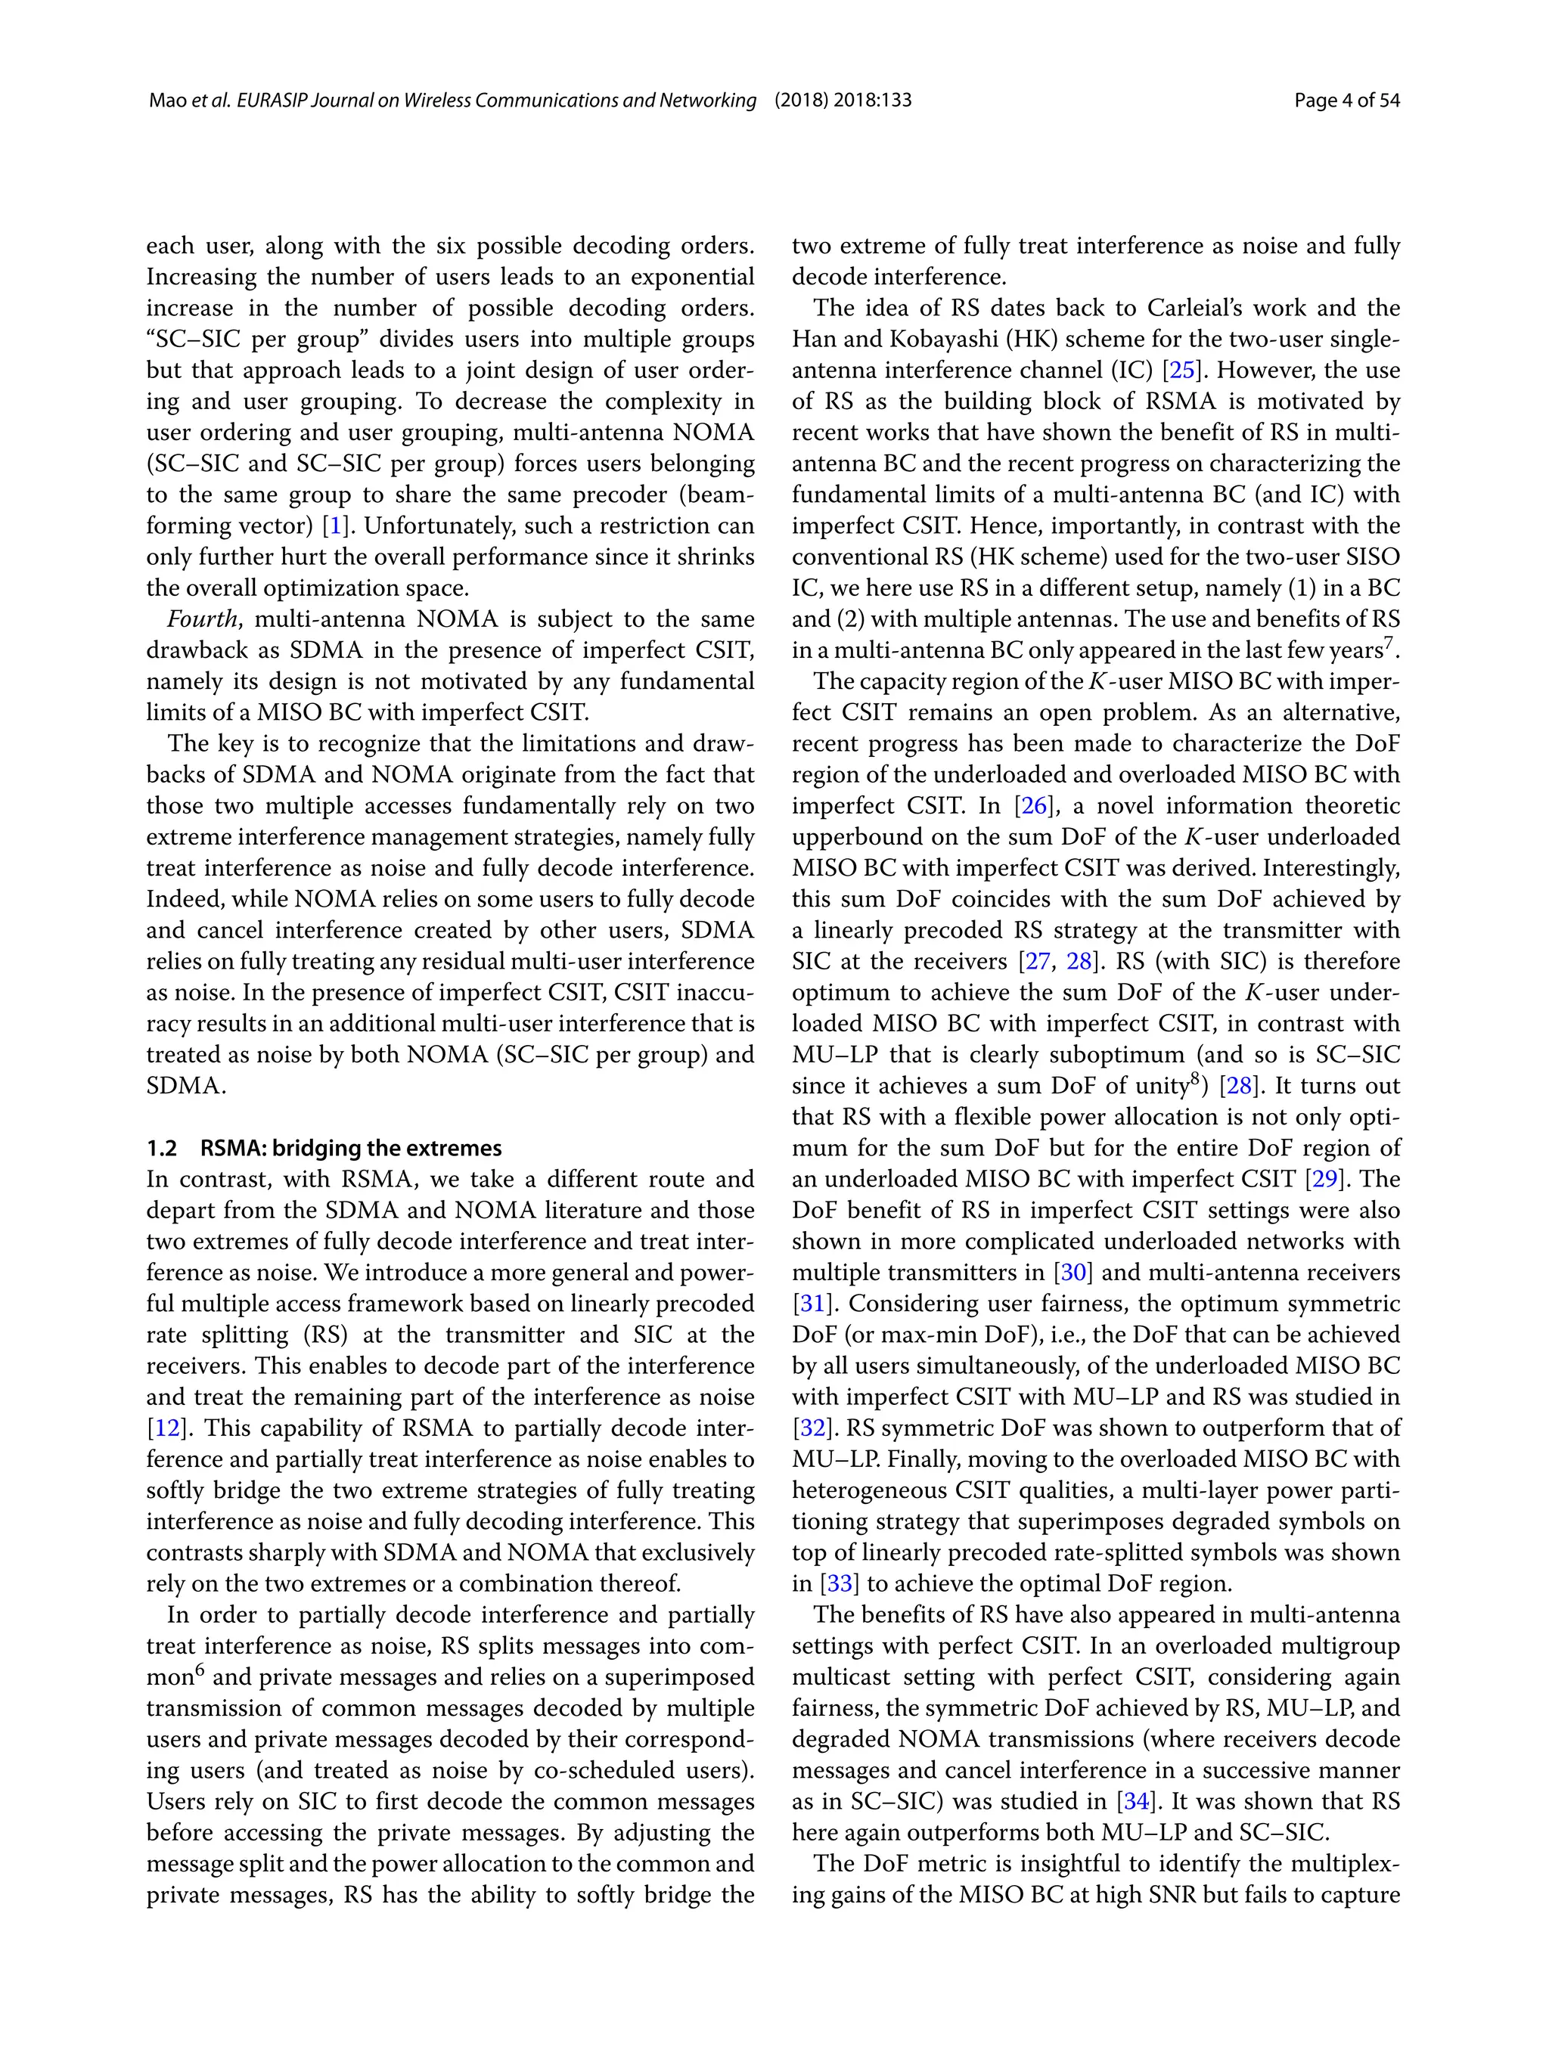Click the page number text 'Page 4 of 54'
coord(1346,101)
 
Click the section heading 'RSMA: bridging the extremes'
coord(351,1148)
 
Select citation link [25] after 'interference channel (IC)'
coord(1182,371)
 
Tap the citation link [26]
coord(1034,806)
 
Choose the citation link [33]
coord(839,1583)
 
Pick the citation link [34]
coord(1136,1801)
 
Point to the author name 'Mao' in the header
coord(168,101)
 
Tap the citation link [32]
coord(810,1428)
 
